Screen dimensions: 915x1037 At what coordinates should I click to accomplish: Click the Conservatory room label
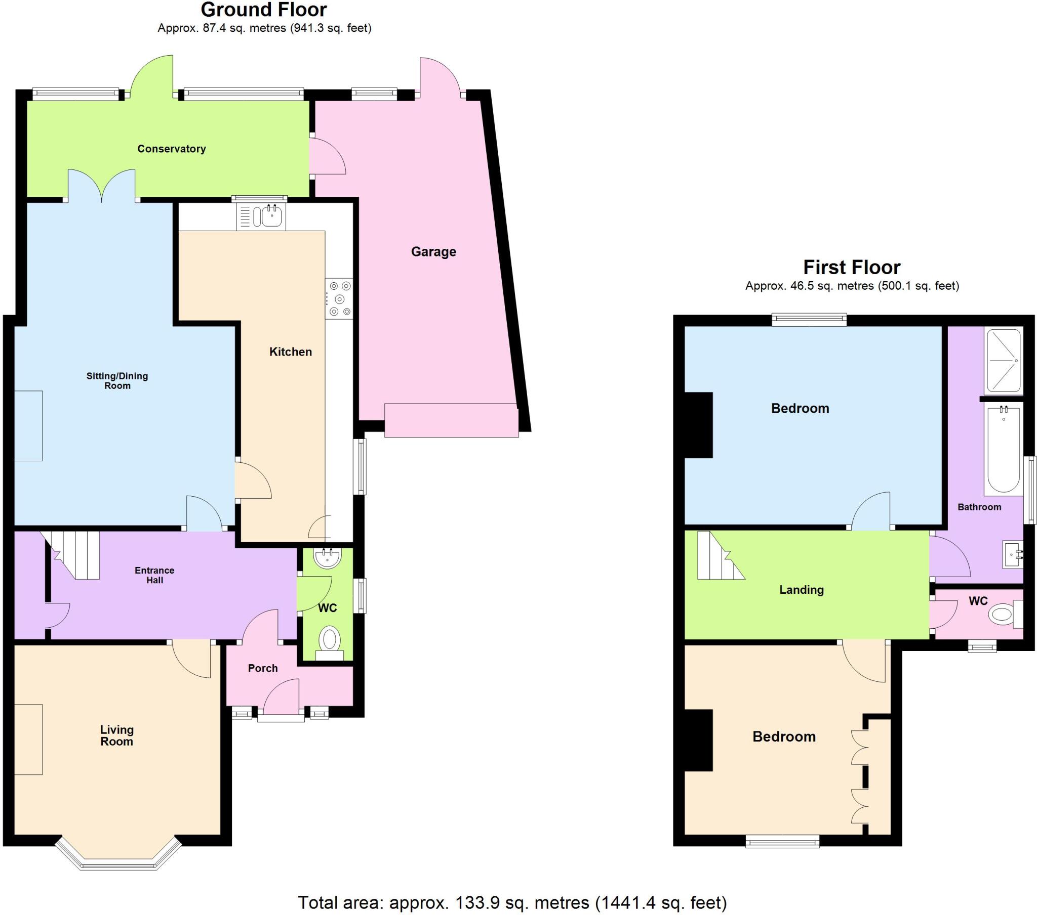[172, 149]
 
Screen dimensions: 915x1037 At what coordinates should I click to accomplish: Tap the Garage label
[433, 251]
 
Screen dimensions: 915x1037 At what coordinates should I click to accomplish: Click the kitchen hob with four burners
[339, 298]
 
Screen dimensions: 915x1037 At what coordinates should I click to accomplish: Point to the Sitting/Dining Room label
[117, 381]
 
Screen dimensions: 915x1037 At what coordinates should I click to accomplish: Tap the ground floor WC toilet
[330, 640]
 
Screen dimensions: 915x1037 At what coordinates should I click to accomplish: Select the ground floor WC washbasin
[328, 558]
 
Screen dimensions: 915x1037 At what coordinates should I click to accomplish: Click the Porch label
[263, 668]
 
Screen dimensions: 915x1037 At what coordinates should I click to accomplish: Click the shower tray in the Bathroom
[1003, 361]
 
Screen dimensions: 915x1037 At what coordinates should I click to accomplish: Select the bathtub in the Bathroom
[1003, 449]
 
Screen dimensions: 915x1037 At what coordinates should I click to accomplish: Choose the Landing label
[801, 590]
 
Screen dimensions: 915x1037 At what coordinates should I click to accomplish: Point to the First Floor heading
[852, 267]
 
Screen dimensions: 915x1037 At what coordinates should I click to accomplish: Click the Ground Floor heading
[264, 10]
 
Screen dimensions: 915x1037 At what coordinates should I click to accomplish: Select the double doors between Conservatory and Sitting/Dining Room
[102, 186]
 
